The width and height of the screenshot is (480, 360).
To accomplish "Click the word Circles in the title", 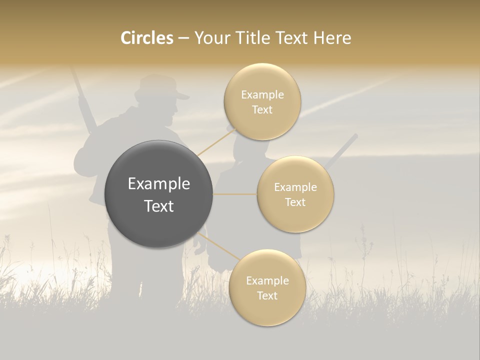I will pos(146,38).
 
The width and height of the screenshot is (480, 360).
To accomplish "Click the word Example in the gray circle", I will pos(159,184).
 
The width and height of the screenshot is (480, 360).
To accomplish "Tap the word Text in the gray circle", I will pos(159,206).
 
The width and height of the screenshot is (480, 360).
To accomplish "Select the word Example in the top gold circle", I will pos(262,95).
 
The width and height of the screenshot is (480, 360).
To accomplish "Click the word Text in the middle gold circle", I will pos(295,202).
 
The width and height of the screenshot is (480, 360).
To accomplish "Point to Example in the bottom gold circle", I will pos(267,281).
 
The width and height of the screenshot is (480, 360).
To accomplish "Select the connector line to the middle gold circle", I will pos(234,194).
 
